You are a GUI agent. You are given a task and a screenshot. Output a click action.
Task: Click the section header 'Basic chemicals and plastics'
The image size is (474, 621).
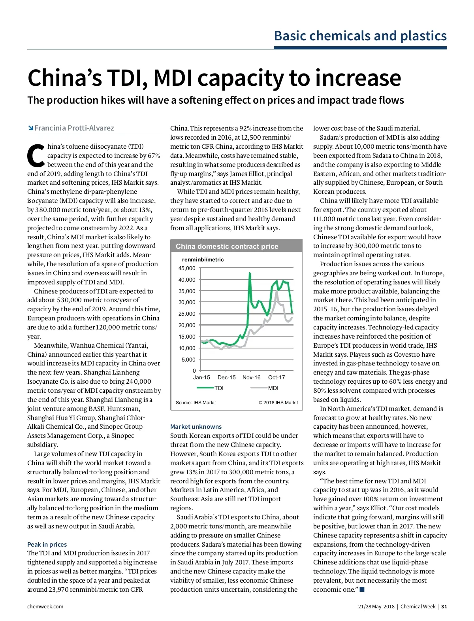point(360,36)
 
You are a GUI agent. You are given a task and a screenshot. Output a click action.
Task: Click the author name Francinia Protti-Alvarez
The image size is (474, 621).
point(74,128)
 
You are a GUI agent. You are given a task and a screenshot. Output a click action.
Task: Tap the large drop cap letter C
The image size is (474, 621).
point(36,155)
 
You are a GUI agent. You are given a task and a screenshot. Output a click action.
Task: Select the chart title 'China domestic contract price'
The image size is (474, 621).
point(227,246)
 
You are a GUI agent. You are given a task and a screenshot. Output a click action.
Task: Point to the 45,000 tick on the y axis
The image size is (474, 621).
point(187,268)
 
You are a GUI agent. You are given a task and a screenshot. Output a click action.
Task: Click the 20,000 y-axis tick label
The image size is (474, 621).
point(187,325)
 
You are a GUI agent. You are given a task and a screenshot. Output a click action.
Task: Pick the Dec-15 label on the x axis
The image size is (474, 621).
point(226,377)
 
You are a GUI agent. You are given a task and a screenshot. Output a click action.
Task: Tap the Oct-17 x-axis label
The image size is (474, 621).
point(276,377)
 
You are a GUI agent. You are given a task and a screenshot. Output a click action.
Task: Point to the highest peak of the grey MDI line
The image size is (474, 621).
point(276,292)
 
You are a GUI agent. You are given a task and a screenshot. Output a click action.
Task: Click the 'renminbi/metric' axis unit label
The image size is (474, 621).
point(203,259)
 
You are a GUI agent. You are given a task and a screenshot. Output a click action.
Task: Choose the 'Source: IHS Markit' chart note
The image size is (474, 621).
point(196,403)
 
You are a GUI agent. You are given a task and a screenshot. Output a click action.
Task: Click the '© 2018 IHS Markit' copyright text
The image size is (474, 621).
point(278,403)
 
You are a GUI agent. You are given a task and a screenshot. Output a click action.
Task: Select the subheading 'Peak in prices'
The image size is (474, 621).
point(47,544)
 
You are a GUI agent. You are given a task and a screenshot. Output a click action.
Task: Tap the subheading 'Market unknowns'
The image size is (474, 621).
point(196,426)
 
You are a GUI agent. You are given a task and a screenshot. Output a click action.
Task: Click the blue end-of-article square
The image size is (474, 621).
point(362,589)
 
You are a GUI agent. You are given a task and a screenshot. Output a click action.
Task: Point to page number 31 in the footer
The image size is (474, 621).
point(444,606)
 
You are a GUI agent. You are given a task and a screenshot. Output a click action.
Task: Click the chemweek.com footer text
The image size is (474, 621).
point(45,606)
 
